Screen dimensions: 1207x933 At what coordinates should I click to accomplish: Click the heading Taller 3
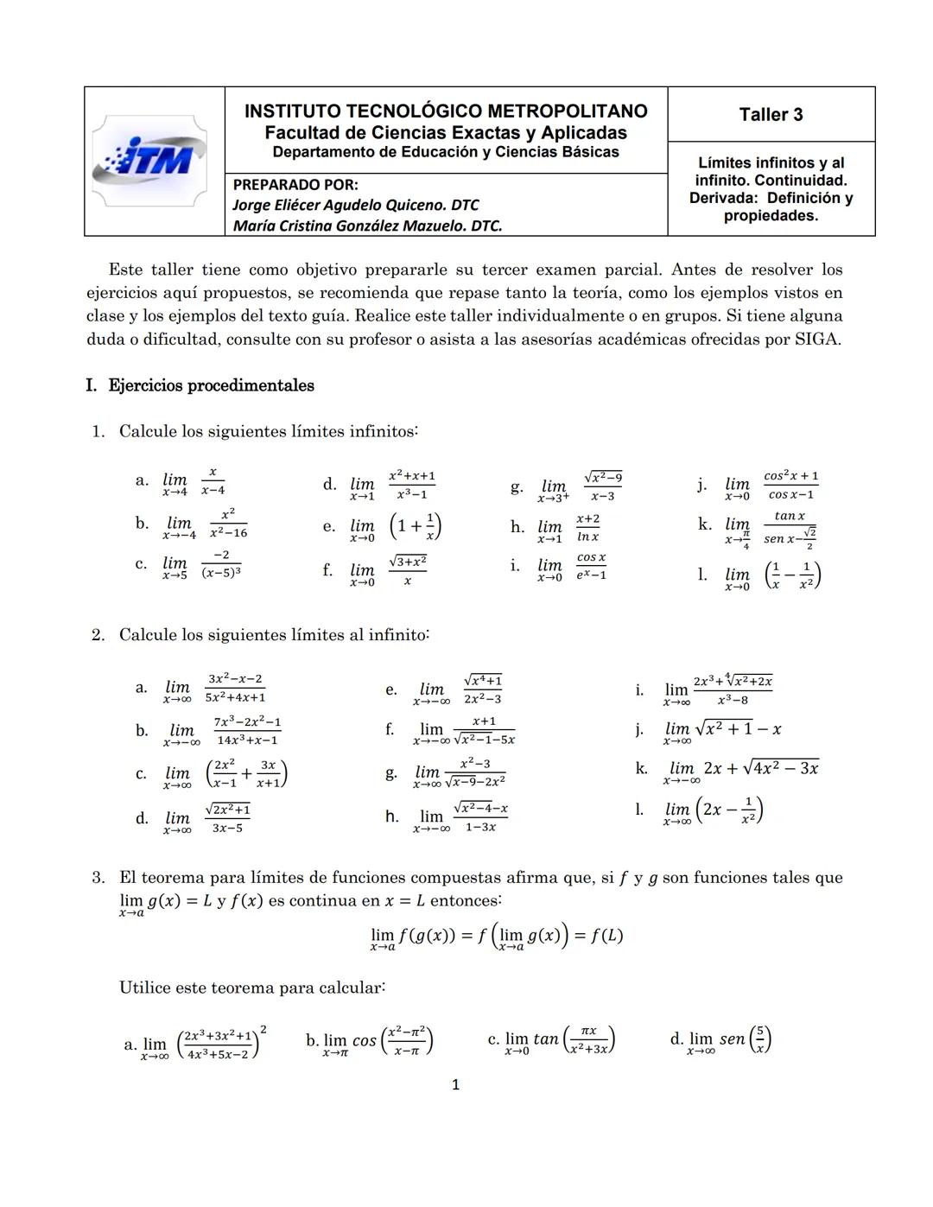click(771, 115)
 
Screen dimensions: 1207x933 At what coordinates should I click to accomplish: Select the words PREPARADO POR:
click(295, 184)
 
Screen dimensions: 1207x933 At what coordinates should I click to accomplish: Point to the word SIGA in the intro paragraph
click(816, 339)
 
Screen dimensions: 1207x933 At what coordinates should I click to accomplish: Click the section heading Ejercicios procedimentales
click(211, 385)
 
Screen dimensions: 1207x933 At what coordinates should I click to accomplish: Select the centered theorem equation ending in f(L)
click(496, 937)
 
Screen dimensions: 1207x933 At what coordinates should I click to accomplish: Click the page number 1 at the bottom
click(456, 1084)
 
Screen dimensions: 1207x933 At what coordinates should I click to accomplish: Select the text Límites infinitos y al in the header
click(771, 162)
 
